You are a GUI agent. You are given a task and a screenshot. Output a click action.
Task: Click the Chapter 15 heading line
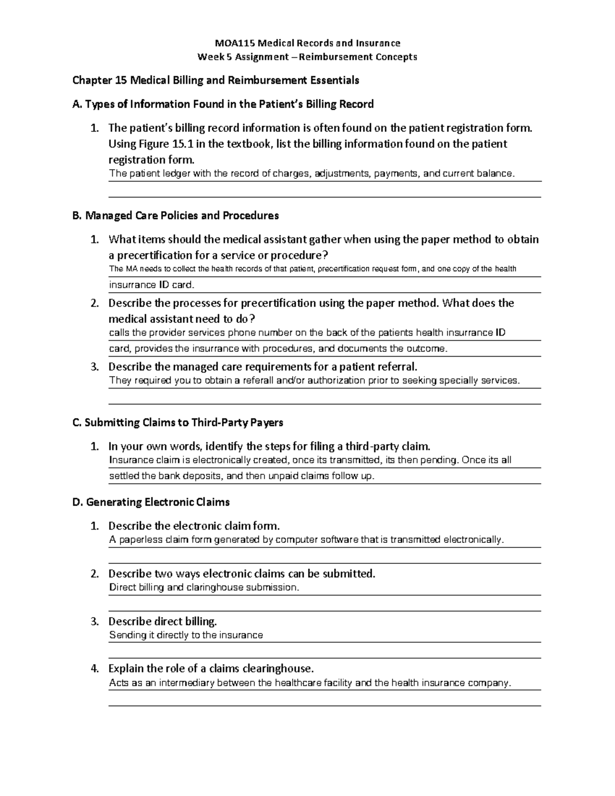coord(215,80)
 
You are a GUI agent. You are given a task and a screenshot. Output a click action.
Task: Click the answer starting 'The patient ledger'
coord(312,174)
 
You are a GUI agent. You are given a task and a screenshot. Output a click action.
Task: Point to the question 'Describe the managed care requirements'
coord(263,367)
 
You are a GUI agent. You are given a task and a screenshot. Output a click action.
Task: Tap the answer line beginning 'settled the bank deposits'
coord(242,476)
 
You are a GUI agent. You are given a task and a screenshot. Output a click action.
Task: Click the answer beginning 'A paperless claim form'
coord(306,540)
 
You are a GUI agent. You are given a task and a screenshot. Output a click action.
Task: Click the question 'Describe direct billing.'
coord(162,622)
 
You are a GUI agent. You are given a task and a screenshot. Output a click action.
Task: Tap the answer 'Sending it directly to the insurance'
coord(186,635)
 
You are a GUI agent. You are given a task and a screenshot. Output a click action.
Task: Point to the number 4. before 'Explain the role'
coord(94,669)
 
